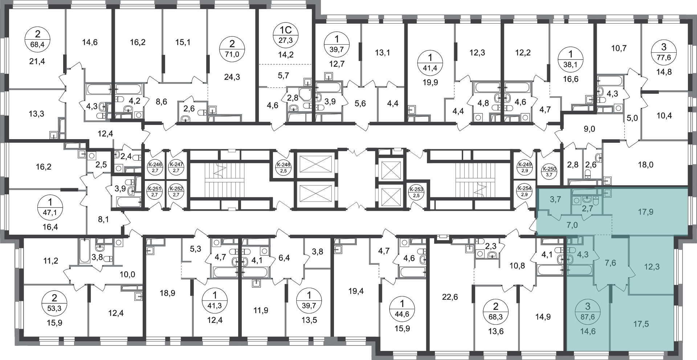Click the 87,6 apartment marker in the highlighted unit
pyautogui.click(x=588, y=312)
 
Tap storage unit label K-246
pyautogui.click(x=155, y=168)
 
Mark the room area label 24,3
pyautogui.click(x=232, y=77)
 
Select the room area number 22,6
pyautogui.click(x=450, y=297)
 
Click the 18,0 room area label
pyautogui.click(x=645, y=165)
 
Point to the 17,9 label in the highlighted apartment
pyautogui.click(x=645, y=211)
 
